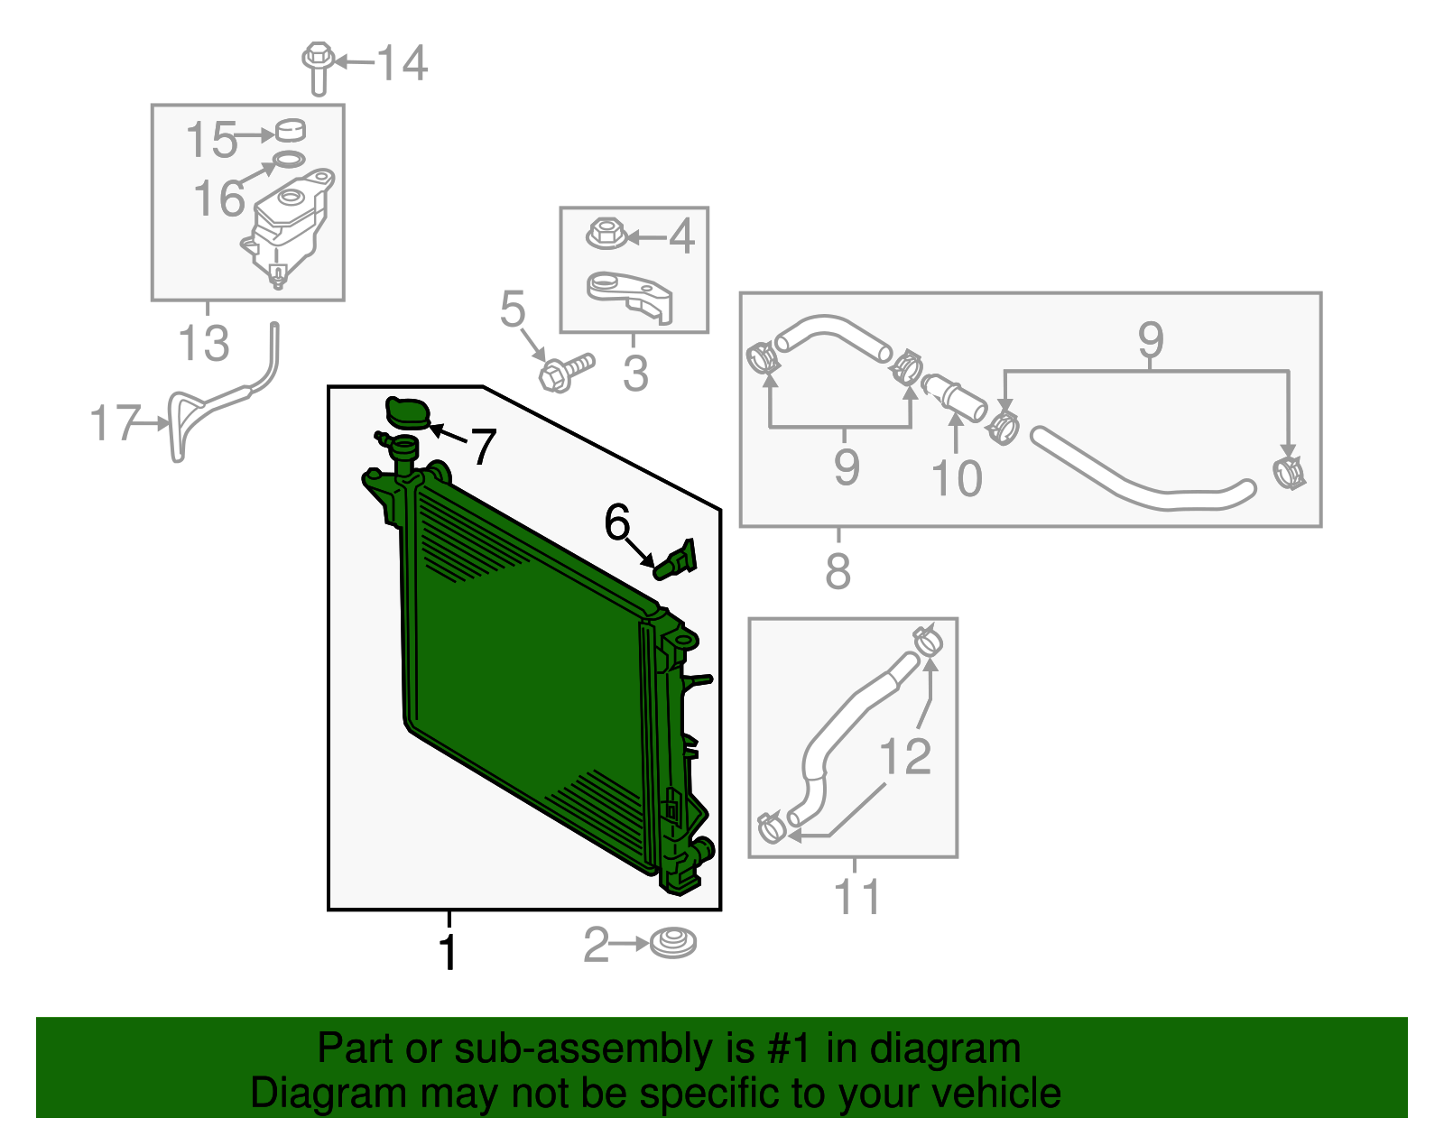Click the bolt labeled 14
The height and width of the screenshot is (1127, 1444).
pyautogui.click(x=318, y=68)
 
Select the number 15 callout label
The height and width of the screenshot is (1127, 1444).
pyautogui.click(x=210, y=140)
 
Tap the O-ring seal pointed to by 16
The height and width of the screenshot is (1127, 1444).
pyautogui.click(x=289, y=160)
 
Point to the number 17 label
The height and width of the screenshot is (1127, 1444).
pyautogui.click(x=115, y=423)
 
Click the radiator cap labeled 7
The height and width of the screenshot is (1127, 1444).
pyautogui.click(x=408, y=411)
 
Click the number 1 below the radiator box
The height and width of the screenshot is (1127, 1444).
pyautogui.click(x=449, y=952)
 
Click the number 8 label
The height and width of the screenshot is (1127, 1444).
pyautogui.click(x=838, y=569)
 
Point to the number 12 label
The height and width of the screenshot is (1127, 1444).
pyautogui.click(x=904, y=756)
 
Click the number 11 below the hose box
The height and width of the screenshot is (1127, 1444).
pyautogui.click(x=856, y=897)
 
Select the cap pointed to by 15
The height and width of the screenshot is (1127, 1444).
pyautogui.click(x=291, y=130)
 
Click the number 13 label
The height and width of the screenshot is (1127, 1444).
pyautogui.click(x=203, y=343)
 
